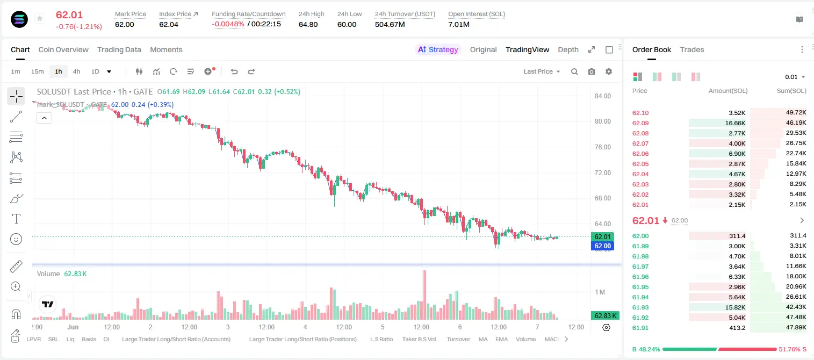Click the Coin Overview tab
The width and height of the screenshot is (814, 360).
pos(63,49)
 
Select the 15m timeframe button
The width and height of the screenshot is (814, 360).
pos(38,71)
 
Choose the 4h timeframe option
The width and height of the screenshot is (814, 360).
pos(76,71)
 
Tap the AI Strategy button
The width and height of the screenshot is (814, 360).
pos(438,49)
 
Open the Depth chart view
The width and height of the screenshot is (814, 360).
pos(568,49)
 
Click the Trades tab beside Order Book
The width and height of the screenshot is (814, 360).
pos(692,49)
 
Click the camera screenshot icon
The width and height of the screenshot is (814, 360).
pos(592,71)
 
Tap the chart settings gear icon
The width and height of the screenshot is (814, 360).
pos(609,71)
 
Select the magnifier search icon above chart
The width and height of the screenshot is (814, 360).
pos(574,71)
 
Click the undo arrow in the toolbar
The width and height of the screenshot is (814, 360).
pos(234,71)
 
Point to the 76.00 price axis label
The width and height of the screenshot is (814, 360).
pos(602,147)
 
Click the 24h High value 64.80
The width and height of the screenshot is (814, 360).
pos(308,24)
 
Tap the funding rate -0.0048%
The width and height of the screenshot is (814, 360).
pos(228,24)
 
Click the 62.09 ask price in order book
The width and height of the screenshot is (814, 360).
pos(640,123)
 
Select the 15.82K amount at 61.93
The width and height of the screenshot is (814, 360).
pos(735,307)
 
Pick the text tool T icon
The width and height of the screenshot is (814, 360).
pos(16,219)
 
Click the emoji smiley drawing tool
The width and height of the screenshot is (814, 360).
pos(16,239)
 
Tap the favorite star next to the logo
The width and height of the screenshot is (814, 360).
pos(40,18)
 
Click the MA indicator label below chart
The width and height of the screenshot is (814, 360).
pos(483,339)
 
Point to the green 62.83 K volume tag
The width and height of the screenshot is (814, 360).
pos(604,315)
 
